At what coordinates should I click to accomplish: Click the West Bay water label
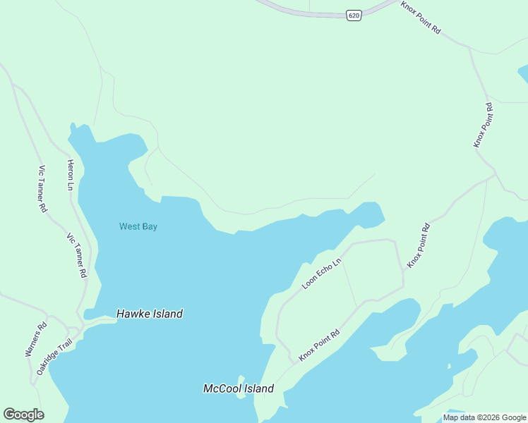pyautogui.click(x=138, y=226)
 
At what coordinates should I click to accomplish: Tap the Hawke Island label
pyautogui.click(x=150, y=314)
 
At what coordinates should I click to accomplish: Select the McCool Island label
pyautogui.click(x=238, y=388)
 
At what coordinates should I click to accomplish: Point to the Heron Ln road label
pyautogui.click(x=71, y=175)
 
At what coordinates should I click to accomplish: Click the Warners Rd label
pyautogui.click(x=37, y=338)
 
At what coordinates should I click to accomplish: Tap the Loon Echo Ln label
pyautogui.click(x=322, y=274)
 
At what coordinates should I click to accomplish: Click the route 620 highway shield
pyautogui.click(x=354, y=15)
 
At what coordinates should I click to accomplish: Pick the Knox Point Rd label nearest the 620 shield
pyautogui.click(x=421, y=18)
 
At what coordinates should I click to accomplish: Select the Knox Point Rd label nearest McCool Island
pyautogui.click(x=319, y=345)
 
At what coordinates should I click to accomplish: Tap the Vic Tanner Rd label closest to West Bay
pyautogui.click(x=76, y=255)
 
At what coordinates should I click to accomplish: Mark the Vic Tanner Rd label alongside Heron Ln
pyautogui.click(x=42, y=189)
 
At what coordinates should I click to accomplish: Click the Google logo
pyautogui.click(x=23, y=415)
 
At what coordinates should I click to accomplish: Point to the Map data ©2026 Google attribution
pyautogui.click(x=484, y=417)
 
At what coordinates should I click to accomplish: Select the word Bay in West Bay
pyautogui.click(x=148, y=226)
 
